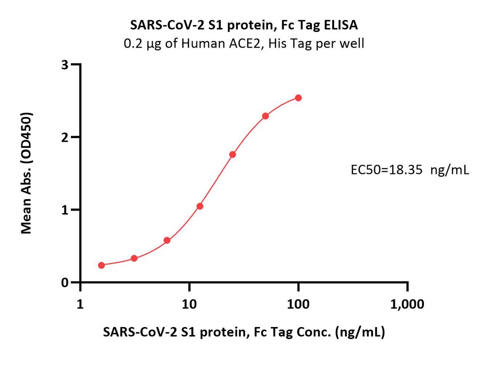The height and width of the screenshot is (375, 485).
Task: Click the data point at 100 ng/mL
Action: (x=298, y=98)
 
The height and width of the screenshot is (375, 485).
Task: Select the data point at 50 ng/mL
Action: (x=265, y=116)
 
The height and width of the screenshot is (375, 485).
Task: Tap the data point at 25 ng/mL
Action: (x=232, y=155)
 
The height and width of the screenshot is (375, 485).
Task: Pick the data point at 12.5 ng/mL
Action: (x=200, y=206)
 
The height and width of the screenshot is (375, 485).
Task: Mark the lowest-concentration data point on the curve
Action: (x=101, y=265)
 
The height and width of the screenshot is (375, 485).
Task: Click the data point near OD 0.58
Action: (x=167, y=240)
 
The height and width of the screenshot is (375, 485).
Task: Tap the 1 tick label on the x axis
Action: (x=81, y=304)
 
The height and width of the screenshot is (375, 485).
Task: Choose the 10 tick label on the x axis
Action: (x=189, y=304)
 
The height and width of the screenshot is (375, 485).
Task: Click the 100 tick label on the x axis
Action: (x=298, y=304)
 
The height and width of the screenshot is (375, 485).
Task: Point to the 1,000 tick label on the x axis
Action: (x=407, y=304)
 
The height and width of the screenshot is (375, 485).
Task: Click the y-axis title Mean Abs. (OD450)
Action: (x=27, y=173)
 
